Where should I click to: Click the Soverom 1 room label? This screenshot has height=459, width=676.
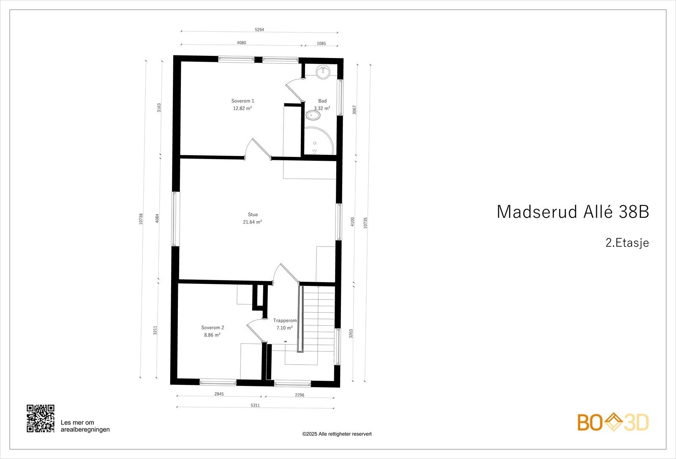(x=243, y=101)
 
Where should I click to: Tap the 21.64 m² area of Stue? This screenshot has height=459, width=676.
(x=252, y=222)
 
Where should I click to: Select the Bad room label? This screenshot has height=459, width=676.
(x=322, y=101)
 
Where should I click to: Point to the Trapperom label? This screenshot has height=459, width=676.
(x=285, y=321)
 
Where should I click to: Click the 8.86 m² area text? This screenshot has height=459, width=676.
(x=212, y=335)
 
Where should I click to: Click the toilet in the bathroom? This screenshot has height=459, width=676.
(x=313, y=115)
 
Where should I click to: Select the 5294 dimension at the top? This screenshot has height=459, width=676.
(x=260, y=30)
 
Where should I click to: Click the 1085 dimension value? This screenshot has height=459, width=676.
(x=321, y=43)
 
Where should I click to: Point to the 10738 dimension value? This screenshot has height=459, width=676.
(x=141, y=219)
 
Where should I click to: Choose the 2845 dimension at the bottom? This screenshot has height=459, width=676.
(x=219, y=394)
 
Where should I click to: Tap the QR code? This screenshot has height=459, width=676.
(x=41, y=418)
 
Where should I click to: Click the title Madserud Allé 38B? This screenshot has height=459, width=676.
(x=572, y=212)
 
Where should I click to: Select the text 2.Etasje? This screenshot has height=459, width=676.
(x=627, y=243)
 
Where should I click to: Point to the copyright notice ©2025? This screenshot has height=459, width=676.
(x=337, y=434)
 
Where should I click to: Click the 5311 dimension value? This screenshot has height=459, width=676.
(x=255, y=405)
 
